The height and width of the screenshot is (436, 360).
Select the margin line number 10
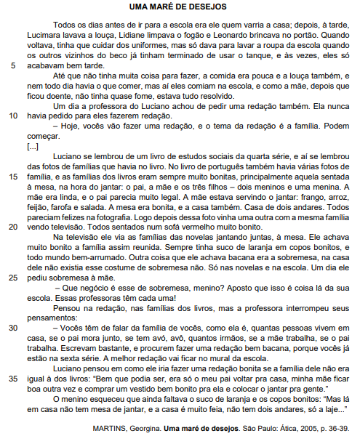tap(13, 116)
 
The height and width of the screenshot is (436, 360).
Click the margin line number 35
tap(13, 378)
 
